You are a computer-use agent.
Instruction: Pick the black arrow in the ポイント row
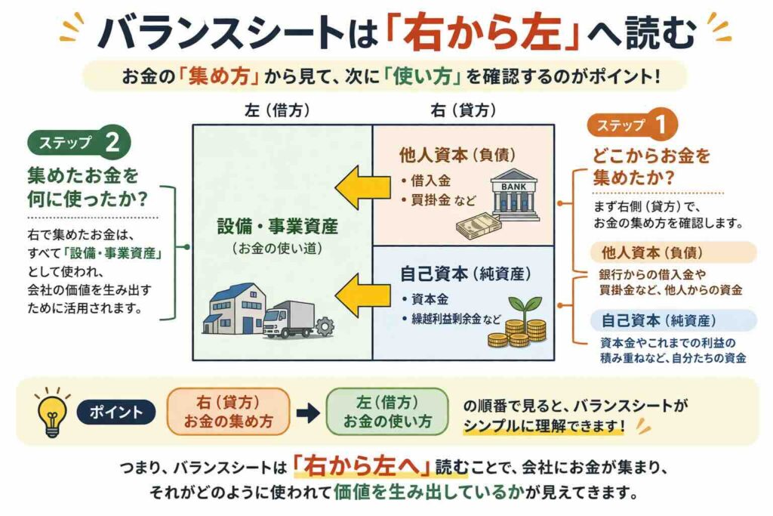pyautogui.click(x=306, y=412)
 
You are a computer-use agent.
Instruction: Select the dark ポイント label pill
pyautogui.click(x=115, y=412)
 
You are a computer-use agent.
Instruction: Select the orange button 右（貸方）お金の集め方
pyautogui.click(x=227, y=412)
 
